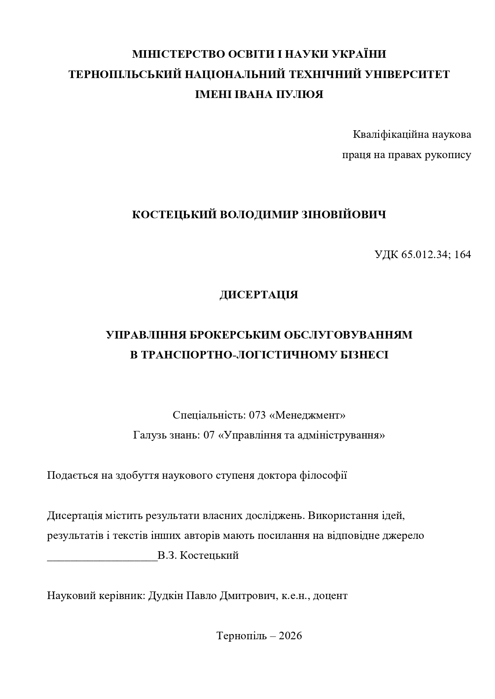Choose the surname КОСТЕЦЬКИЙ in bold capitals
pyautogui.click(x=174, y=215)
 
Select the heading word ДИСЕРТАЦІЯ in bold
pyautogui.click(x=259, y=295)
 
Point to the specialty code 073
pyautogui.click(x=257, y=415)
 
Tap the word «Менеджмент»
pyautogui.click(x=307, y=415)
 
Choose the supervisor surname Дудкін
pyautogui.click(x=166, y=596)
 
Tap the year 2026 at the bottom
pyautogui.click(x=290, y=636)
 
